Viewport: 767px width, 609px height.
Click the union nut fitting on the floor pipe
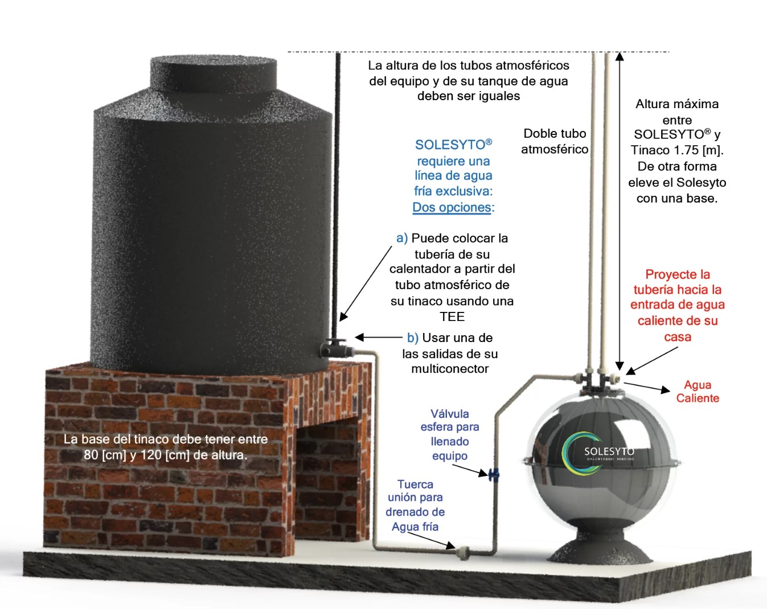click(x=463, y=551)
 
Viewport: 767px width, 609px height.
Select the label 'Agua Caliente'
click(x=698, y=392)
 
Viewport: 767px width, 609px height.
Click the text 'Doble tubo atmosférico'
click(x=555, y=141)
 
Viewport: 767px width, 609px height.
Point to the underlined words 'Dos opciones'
click(x=452, y=207)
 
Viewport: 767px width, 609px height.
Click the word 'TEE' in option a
click(x=452, y=316)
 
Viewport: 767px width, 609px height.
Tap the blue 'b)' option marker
click(x=413, y=338)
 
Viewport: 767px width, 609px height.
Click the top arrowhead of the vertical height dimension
click(x=620, y=56)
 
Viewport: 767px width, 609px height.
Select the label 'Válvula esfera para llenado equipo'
click(x=449, y=434)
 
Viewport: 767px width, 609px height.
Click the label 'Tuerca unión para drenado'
click(x=415, y=505)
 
